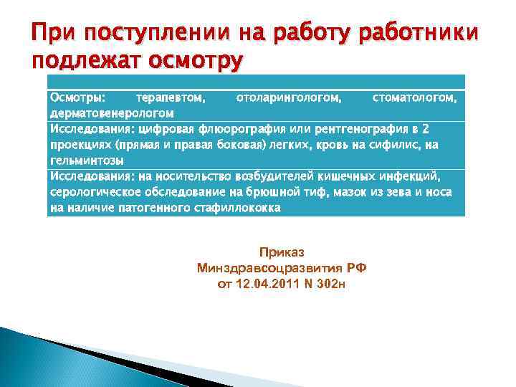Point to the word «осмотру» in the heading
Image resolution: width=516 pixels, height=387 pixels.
tap(195, 60)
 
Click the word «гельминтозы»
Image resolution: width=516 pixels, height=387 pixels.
tap(87, 160)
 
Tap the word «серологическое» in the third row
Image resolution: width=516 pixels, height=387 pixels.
tap(95, 193)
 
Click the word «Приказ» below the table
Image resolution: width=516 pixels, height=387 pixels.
tap(282, 253)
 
